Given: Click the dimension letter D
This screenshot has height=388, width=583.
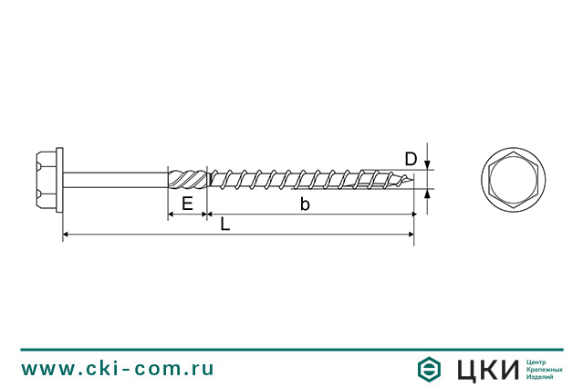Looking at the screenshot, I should coord(411,159).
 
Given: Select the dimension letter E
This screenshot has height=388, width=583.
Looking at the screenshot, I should coord(187,204).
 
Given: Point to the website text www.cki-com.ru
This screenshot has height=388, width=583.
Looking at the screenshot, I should coord(118,369).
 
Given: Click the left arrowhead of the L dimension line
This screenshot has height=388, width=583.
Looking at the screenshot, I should coord(66,237).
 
